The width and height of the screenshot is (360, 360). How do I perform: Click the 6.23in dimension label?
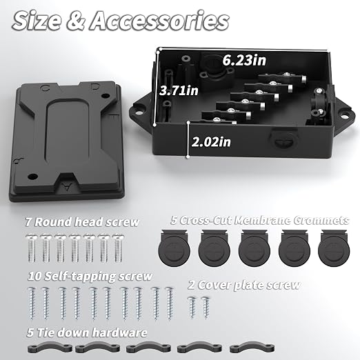point(244,60)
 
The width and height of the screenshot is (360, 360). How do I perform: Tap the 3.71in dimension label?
point(179,90)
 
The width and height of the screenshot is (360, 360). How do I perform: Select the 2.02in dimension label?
point(211,141)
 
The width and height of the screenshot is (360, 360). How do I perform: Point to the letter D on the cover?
point(95,87)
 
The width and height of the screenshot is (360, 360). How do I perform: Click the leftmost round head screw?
point(32,248)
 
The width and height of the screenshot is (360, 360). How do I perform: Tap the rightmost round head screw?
point(118,248)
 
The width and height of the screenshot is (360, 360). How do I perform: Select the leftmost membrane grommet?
point(174,248)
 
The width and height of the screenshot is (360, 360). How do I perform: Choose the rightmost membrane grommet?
point(334,248)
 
